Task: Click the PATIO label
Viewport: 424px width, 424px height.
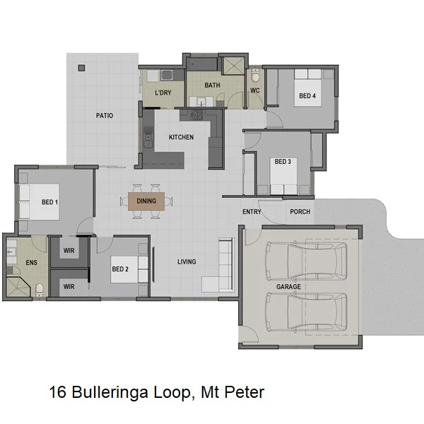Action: tap(105, 115)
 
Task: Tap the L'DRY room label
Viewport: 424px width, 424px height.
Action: tap(163, 93)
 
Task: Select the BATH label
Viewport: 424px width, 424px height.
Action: tap(212, 86)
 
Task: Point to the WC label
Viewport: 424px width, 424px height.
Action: tap(254, 90)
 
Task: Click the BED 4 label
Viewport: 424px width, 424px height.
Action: tap(306, 96)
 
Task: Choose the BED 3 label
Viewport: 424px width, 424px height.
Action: tap(283, 162)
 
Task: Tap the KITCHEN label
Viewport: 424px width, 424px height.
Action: tap(181, 137)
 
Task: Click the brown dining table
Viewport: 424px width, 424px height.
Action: tap(146, 201)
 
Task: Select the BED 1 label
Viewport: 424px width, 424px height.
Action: tap(49, 203)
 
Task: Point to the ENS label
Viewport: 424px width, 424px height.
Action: tap(31, 263)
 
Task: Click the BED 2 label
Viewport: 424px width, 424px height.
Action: tap(120, 269)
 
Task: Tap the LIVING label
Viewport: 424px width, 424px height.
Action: tap(187, 262)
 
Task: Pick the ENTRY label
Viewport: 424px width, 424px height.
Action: tap(252, 212)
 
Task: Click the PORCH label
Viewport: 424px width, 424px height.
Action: tap(300, 212)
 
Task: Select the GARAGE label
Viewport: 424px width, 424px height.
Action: tap(288, 287)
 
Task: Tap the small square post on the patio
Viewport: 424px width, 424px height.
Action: tap(81, 68)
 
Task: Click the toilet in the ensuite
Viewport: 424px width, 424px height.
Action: tap(40, 289)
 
